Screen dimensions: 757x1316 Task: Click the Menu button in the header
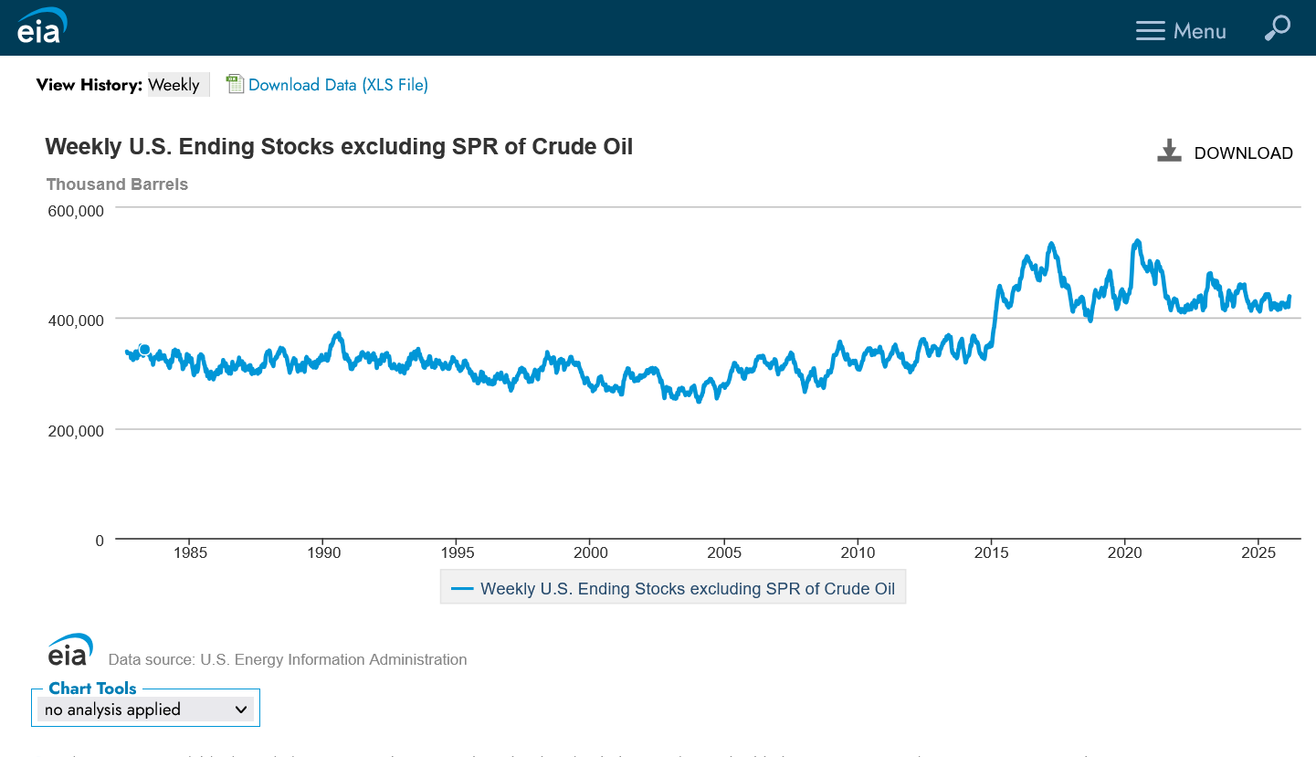(x=1181, y=31)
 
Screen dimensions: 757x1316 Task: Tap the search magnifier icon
(x=1277, y=28)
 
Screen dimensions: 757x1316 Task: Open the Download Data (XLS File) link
(x=338, y=85)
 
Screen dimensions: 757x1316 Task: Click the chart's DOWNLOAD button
(x=1226, y=152)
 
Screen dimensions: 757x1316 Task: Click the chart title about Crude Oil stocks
(x=339, y=147)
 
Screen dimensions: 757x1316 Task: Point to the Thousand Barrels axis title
(x=117, y=184)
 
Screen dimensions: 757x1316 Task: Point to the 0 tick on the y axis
(x=99, y=541)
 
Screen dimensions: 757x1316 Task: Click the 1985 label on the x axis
(x=190, y=552)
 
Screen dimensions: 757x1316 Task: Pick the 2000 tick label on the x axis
(x=591, y=552)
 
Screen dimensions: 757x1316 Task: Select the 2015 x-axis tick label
(x=992, y=552)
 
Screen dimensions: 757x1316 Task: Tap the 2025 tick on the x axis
(x=1258, y=552)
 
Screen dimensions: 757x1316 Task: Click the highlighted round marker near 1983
(x=143, y=350)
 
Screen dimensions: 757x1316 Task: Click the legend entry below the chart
(x=673, y=589)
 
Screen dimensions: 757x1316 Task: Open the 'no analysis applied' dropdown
(x=146, y=710)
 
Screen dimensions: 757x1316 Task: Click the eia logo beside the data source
(x=69, y=650)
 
